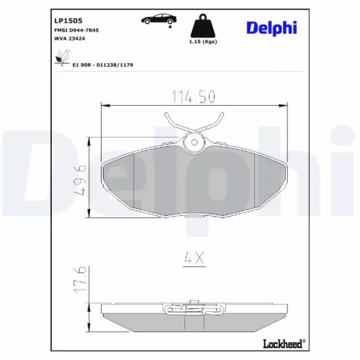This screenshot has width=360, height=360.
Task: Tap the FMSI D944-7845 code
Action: pos(77,31)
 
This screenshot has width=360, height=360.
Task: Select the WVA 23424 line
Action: pos(70,40)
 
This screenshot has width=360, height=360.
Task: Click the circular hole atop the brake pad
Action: pos(193,144)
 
